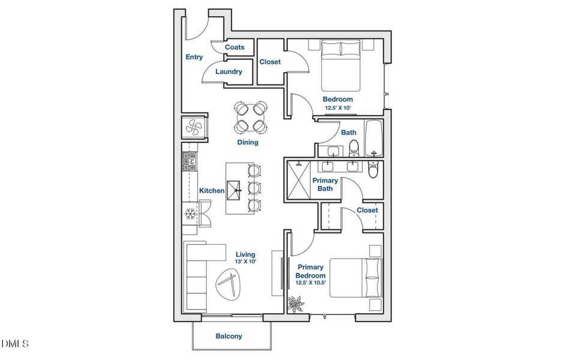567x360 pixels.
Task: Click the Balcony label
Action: coord(229,336)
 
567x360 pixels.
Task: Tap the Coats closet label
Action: coord(235,47)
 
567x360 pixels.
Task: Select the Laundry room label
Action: coord(229,71)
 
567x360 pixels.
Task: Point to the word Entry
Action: coord(194,57)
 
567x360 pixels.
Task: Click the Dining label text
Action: coord(248,142)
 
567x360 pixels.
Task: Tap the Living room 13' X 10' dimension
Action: coord(245,262)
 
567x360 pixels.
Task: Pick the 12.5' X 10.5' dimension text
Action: coord(311,283)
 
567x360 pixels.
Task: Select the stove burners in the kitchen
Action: coord(189,161)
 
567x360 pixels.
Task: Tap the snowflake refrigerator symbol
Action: coord(190,214)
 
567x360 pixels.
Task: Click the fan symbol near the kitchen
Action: coord(194,127)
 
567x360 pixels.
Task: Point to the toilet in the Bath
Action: coord(353,148)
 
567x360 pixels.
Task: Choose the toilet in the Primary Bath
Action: coord(373,169)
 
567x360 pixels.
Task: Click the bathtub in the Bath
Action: coord(374,138)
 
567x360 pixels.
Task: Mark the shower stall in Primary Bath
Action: coord(299,179)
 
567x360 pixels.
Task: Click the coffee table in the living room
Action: coord(230,283)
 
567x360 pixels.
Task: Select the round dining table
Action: coord(251,117)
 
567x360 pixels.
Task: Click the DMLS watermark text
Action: coord(15,343)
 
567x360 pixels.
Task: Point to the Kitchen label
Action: coord(212,190)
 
